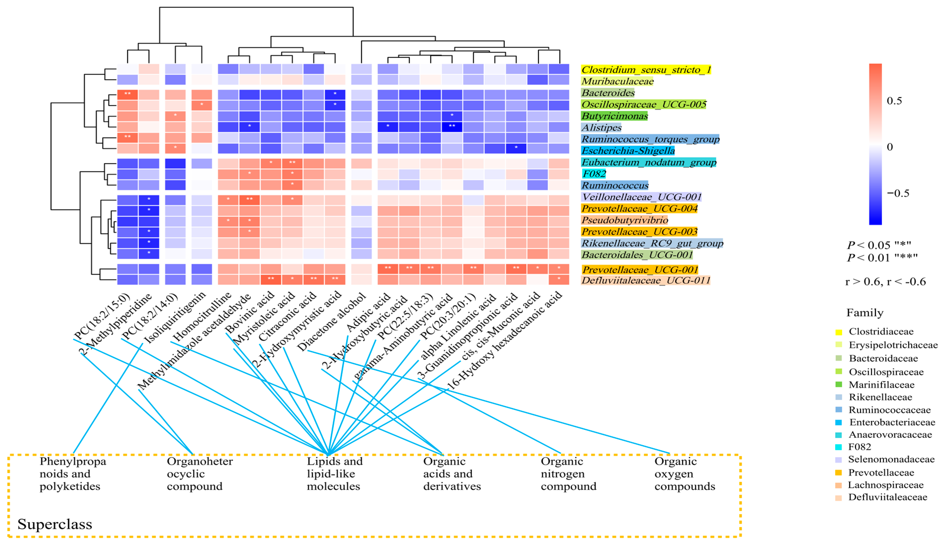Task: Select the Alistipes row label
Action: click(x=601, y=128)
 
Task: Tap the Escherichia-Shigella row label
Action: click(x=628, y=151)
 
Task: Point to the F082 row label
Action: click(x=594, y=174)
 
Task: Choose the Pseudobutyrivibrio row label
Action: click(x=625, y=220)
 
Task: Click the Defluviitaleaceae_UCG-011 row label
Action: click(x=645, y=280)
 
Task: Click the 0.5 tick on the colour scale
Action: click(x=894, y=101)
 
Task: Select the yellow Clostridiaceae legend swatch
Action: click(x=838, y=332)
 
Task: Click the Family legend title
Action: click(x=865, y=312)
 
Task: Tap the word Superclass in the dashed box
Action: click(x=55, y=524)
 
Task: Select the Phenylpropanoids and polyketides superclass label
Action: click(x=73, y=474)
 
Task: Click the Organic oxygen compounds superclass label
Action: click(x=684, y=474)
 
